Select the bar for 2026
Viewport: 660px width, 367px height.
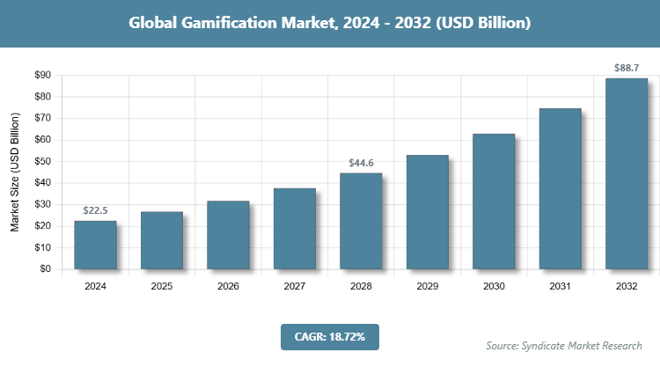click(x=228, y=235)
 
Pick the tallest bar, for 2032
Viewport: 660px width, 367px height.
click(x=627, y=173)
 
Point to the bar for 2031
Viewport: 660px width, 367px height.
click(x=561, y=188)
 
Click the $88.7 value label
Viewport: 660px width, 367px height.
click(x=627, y=68)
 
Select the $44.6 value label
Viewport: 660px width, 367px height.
click(x=361, y=163)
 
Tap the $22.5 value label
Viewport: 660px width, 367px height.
click(x=95, y=211)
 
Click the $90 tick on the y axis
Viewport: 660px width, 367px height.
click(x=41, y=76)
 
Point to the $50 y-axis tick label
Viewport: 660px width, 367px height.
click(x=41, y=162)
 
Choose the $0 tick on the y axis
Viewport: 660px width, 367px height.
click(x=45, y=269)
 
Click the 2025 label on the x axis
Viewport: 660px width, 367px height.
click(x=161, y=286)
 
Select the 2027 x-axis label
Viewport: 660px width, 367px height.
click(x=294, y=286)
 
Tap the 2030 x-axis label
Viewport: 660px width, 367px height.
click(x=494, y=286)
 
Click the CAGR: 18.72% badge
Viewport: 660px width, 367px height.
click(x=329, y=336)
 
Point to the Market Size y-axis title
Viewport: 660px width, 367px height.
click(x=15, y=173)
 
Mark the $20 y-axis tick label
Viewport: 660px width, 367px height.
click(x=41, y=226)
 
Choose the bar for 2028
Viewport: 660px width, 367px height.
click(x=361, y=221)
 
